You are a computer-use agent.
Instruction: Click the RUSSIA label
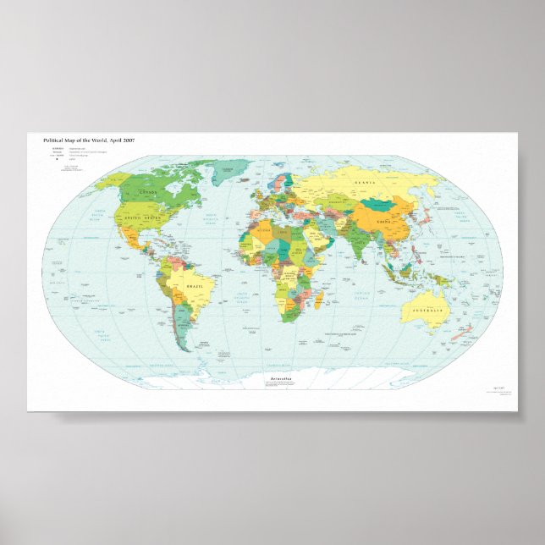coord(365,182)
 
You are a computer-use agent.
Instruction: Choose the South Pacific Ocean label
coord(100,332)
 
